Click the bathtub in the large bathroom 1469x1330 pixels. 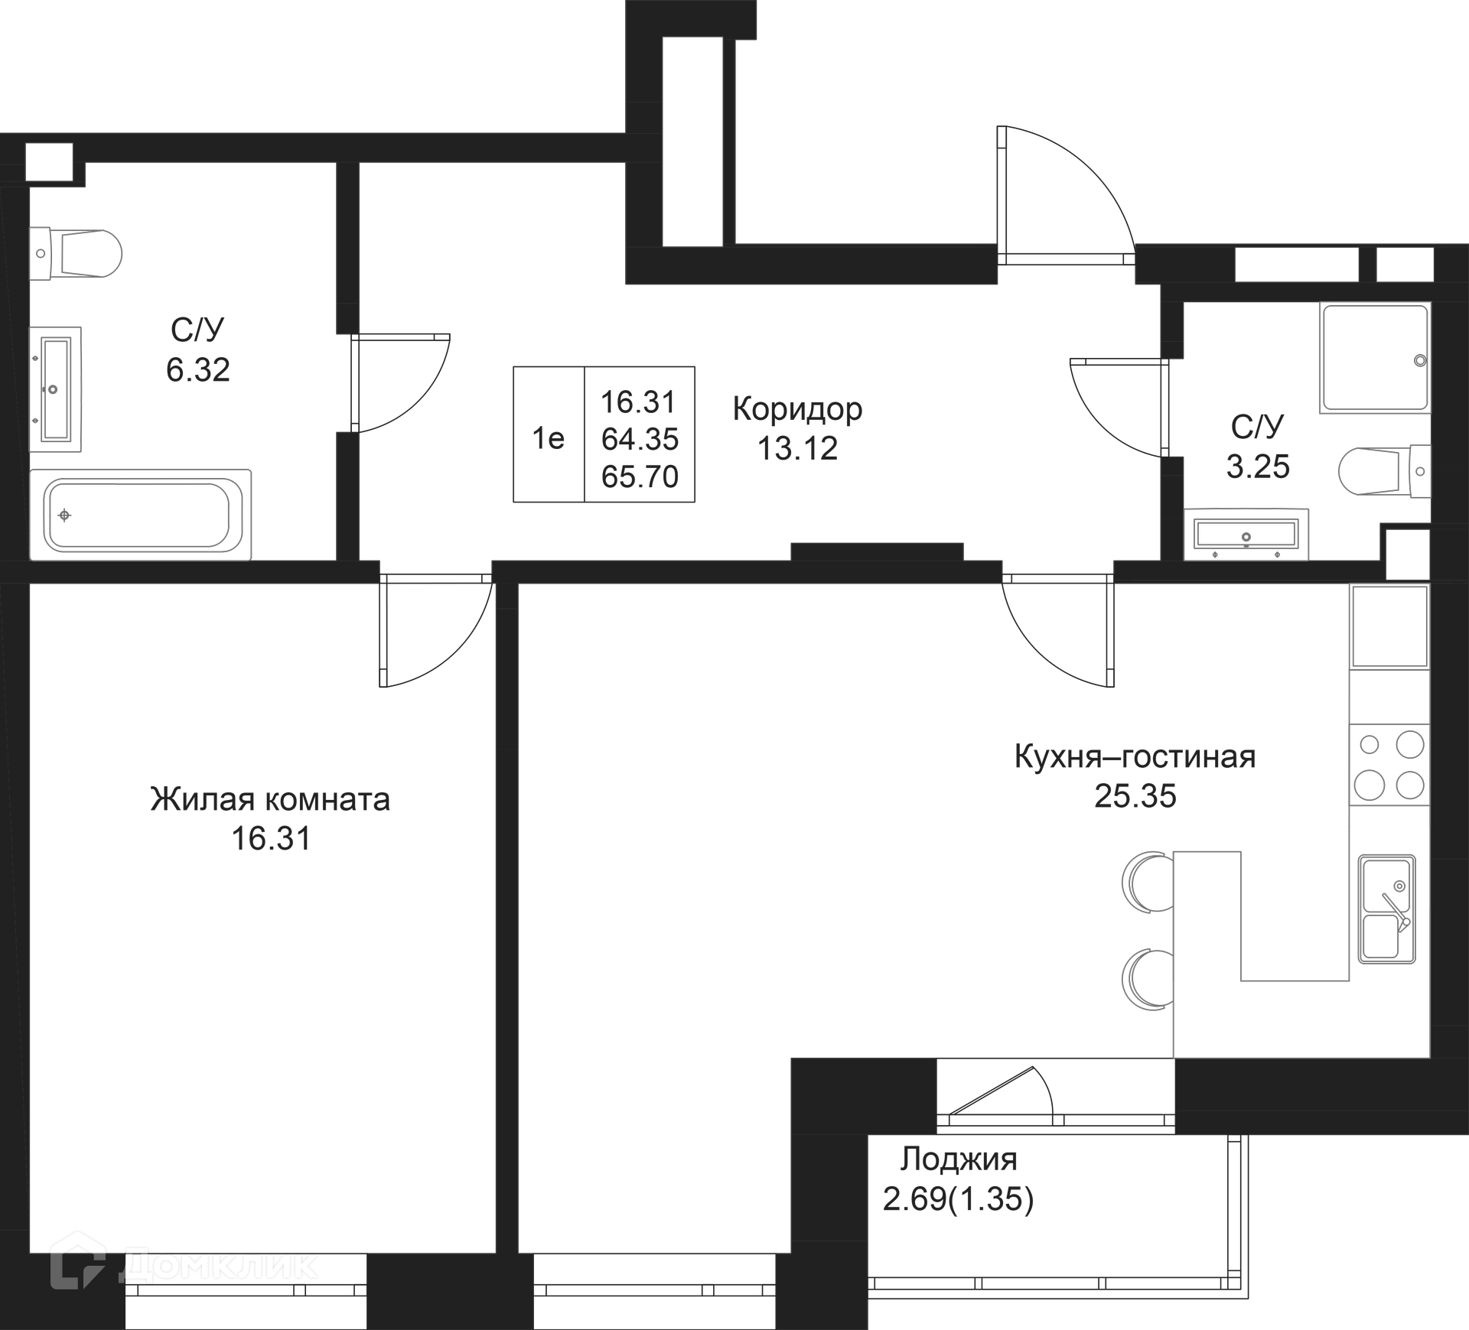point(140,514)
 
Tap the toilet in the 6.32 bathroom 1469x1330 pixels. point(77,254)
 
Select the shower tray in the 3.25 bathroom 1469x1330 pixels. point(1375,358)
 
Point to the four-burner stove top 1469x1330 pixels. point(1389,764)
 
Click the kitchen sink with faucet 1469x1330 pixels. point(1386,909)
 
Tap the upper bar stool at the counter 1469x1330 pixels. point(1148,883)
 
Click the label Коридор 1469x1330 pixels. point(797,409)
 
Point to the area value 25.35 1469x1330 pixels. point(1135,796)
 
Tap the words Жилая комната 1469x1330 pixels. point(270,799)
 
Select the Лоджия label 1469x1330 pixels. point(958,1159)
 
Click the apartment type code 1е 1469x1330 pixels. point(548,438)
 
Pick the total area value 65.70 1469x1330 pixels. point(640,476)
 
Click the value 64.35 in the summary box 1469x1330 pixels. point(640,439)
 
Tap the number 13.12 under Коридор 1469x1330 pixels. point(797,448)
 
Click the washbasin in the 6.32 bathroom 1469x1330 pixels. point(55,389)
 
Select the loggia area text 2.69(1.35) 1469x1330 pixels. point(958,1198)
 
